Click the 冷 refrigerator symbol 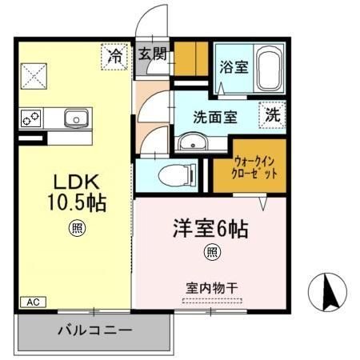(x=115, y=57)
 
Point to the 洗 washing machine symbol (x=273, y=114)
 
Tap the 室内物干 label (x=211, y=286)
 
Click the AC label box (x=32, y=302)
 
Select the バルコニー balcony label (x=94, y=330)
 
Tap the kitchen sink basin (x=77, y=118)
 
